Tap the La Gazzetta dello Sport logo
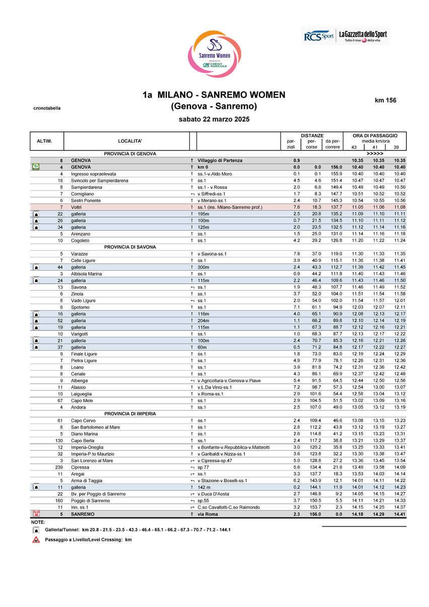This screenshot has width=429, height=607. pyautogui.click(x=363, y=36)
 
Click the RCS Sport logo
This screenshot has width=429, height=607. pyautogui.click(x=319, y=36)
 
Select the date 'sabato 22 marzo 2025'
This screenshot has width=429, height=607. pyautogui.click(x=214, y=119)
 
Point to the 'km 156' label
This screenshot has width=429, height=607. pyautogui.click(x=386, y=100)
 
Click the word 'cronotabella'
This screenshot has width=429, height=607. pyautogui.click(x=47, y=108)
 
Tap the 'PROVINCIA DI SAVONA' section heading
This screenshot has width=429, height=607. pyautogui.click(x=130, y=247)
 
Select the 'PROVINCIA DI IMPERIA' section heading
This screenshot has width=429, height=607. pyautogui.click(x=130, y=414)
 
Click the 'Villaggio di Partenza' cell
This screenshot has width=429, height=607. pyautogui.click(x=220, y=160)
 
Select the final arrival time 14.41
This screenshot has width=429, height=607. pyautogui.click(x=400, y=514)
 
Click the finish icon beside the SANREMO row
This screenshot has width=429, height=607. pyautogui.click(x=36, y=514)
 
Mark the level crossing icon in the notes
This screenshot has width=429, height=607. pyautogui.click(x=36, y=540)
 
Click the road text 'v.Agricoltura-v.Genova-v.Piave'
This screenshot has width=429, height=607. pyautogui.click(x=229, y=380)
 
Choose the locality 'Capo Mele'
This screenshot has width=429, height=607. pyautogui.click(x=82, y=400)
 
